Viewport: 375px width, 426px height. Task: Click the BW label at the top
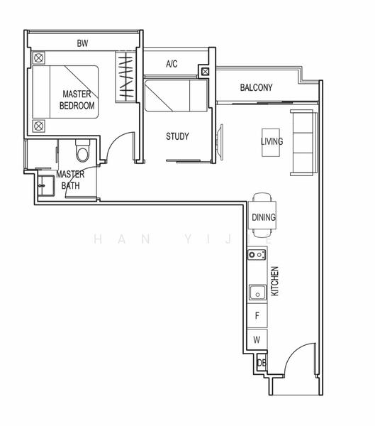point(82,43)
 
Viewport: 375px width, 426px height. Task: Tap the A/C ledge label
point(172,64)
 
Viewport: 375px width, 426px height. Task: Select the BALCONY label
point(256,88)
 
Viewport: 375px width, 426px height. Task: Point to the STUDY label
point(177,136)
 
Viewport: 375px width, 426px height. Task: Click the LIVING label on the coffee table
point(272,141)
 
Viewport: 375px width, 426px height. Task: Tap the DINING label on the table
point(264,218)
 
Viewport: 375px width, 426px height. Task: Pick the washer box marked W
point(257,340)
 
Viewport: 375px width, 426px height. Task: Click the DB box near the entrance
point(261,363)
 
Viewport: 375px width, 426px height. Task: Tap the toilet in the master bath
point(83,151)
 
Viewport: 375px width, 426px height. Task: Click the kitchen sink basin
point(256,292)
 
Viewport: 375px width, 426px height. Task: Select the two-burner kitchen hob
point(256,254)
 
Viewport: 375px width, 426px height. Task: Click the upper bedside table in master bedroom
point(39,58)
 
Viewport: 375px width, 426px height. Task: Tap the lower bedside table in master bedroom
point(39,126)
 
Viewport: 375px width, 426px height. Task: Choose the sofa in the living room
point(303,142)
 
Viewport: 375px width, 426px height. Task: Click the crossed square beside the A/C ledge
point(205,71)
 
